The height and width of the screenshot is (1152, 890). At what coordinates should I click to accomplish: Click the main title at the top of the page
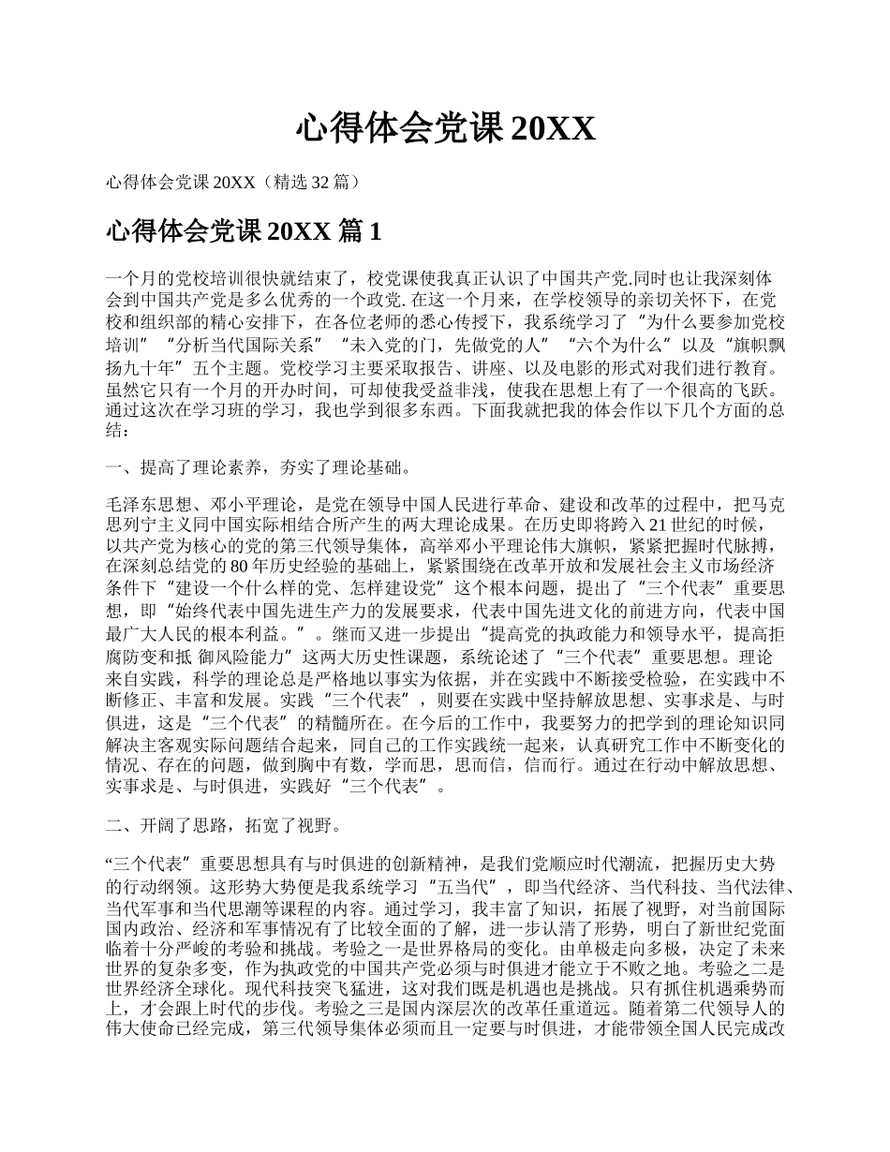click(445, 129)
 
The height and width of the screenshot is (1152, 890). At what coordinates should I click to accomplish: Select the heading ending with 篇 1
click(245, 231)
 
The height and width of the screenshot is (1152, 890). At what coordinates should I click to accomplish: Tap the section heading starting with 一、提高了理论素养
click(258, 467)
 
